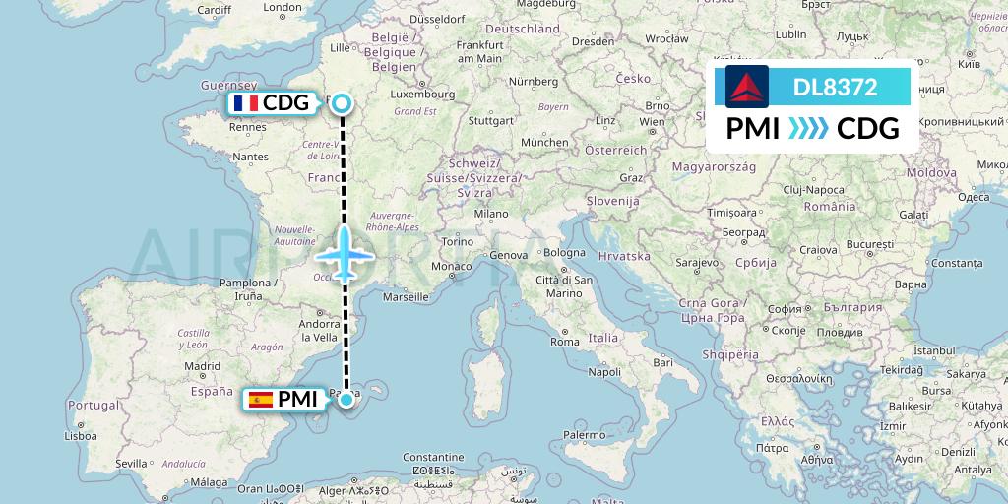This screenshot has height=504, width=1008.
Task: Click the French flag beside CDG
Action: click(x=245, y=103)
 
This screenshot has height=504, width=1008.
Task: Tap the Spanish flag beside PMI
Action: click(x=261, y=399)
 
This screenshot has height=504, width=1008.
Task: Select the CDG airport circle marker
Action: click(x=341, y=103)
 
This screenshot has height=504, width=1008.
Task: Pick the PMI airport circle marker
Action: click(x=346, y=399)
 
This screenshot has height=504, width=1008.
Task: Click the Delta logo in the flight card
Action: click(x=747, y=87)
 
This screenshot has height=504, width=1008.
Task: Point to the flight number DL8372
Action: click(x=835, y=88)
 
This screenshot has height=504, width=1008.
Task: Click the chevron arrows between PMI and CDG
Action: click(x=809, y=129)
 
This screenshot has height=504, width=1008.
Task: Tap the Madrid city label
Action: click(x=203, y=365)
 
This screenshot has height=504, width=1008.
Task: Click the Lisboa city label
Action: click(x=82, y=434)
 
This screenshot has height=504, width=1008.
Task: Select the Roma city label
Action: click(x=565, y=342)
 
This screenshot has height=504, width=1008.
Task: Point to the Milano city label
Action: click(x=490, y=214)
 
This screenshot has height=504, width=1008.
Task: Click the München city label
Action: click(x=544, y=142)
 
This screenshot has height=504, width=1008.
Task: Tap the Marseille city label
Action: click(x=406, y=295)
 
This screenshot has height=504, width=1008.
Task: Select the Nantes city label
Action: click(x=250, y=157)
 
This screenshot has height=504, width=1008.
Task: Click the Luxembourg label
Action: click(x=422, y=96)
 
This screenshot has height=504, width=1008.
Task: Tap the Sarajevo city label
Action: click(x=697, y=264)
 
